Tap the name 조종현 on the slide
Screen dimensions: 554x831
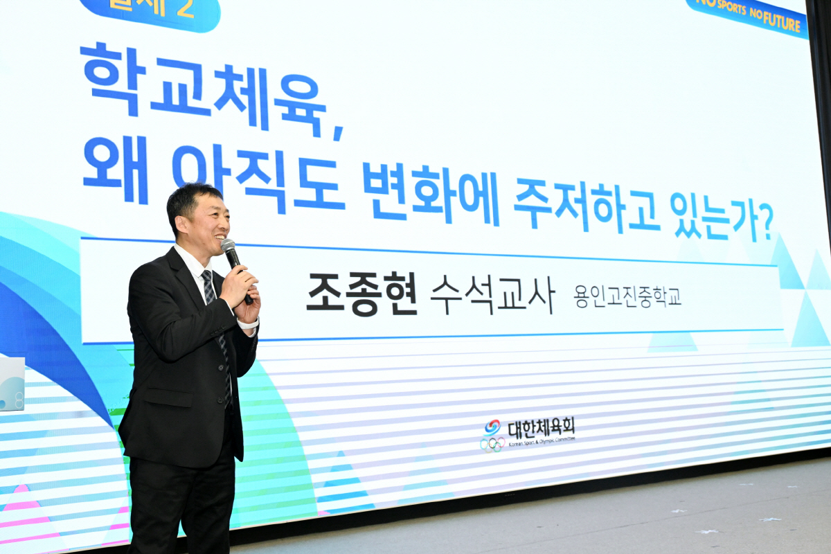pyautogui.click(x=361, y=293)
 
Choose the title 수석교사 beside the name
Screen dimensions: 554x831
pyautogui.click(x=492, y=294)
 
